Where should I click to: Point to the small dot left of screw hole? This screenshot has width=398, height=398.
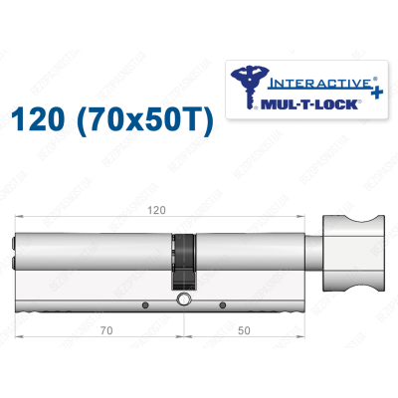(145, 304)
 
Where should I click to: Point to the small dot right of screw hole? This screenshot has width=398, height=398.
(221, 304)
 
